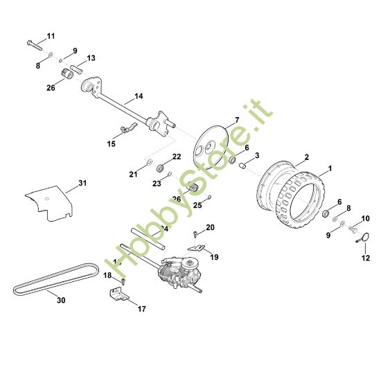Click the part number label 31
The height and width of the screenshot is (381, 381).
click(x=82, y=183)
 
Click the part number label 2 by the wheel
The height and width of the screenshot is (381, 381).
click(x=307, y=158)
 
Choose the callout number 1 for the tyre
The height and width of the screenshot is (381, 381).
click(x=330, y=168)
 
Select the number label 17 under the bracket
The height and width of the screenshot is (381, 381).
click(x=141, y=308)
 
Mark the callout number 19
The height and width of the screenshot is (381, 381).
click(x=214, y=257)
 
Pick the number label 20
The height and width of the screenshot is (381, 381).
click(x=211, y=227)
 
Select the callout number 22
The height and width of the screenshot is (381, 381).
click(x=176, y=157)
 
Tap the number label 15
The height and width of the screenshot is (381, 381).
click(x=111, y=143)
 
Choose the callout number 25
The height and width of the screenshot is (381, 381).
click(x=197, y=206)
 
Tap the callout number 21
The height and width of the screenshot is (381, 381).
click(x=132, y=175)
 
